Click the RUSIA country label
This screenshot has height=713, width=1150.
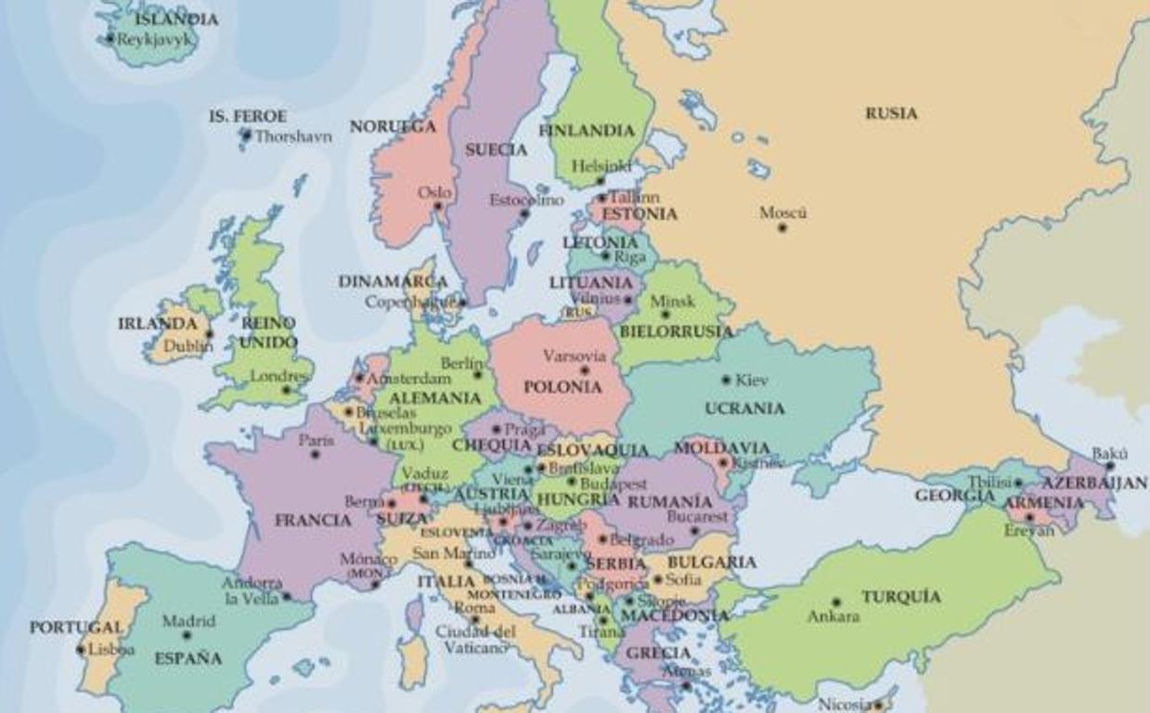pyautogui.click(x=891, y=113)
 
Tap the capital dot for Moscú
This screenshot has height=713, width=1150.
pyautogui.click(x=782, y=227)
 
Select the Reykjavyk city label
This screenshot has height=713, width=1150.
pyautogui.click(x=154, y=39)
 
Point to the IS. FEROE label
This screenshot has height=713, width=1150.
pyautogui.click(x=247, y=117)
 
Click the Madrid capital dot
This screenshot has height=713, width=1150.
pyautogui.click(x=187, y=636)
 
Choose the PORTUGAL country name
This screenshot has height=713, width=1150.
pyautogui.click(x=76, y=628)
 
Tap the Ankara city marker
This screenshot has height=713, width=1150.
pyautogui.click(x=835, y=603)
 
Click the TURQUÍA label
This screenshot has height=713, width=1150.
pyautogui.click(x=900, y=597)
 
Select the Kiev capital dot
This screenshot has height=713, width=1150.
pyautogui.click(x=726, y=380)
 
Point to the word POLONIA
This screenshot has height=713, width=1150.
pyautogui.click(x=562, y=387)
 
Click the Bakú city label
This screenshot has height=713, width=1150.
pyautogui.click(x=1109, y=454)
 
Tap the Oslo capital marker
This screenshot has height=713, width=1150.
pyautogui.click(x=439, y=206)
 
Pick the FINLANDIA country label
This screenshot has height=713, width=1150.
pyautogui.click(x=586, y=131)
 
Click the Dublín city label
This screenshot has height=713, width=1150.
pyautogui.click(x=188, y=346)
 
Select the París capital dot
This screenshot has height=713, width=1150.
pyautogui.click(x=315, y=454)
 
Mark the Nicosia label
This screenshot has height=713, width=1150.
pyautogui.click(x=844, y=704)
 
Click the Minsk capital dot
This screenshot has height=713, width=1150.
pyautogui.click(x=665, y=315)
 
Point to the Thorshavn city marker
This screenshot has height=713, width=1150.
pyautogui.click(x=246, y=136)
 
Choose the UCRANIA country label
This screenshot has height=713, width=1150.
pyautogui.click(x=744, y=408)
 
